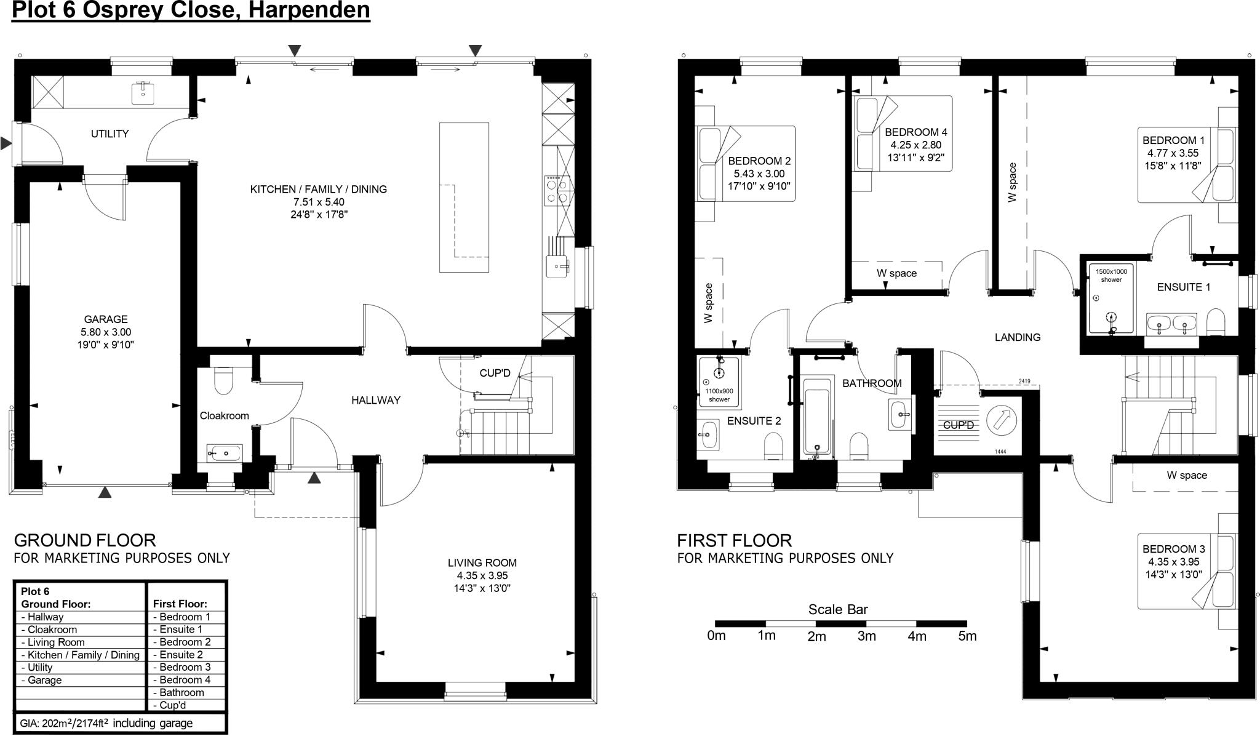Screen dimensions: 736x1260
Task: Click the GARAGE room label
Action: (x=106, y=319)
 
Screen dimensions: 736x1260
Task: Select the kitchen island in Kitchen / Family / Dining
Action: (x=464, y=197)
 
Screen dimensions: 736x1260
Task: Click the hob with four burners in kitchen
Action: (x=557, y=190)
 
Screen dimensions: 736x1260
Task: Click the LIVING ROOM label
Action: (x=482, y=562)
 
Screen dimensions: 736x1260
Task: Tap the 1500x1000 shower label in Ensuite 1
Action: (x=1111, y=275)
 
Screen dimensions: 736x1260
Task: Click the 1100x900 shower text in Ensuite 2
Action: (x=719, y=395)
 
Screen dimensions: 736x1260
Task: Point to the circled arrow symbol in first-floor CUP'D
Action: (x=1002, y=420)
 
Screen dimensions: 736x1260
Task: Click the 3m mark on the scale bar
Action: (x=866, y=636)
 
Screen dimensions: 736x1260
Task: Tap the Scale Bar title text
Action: (x=837, y=609)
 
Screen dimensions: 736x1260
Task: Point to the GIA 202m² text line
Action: (x=106, y=723)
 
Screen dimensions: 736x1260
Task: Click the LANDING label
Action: (x=1018, y=337)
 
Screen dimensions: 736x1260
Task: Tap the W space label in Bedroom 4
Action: (x=896, y=273)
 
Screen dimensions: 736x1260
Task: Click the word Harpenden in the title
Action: (x=308, y=10)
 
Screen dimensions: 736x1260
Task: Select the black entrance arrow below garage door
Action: (x=106, y=492)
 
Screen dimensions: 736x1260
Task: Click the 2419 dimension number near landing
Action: (x=1024, y=382)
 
